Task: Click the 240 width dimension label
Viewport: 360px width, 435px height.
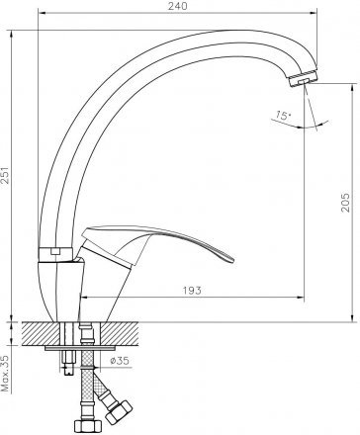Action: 178,6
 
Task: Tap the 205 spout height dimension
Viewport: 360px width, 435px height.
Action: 345,202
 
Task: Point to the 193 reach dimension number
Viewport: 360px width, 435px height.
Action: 192,291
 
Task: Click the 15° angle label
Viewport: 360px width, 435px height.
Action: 283,115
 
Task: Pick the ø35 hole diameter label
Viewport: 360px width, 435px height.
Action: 120,361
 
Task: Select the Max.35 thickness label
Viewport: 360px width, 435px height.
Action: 6,374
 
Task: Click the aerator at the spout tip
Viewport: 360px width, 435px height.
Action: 303,78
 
